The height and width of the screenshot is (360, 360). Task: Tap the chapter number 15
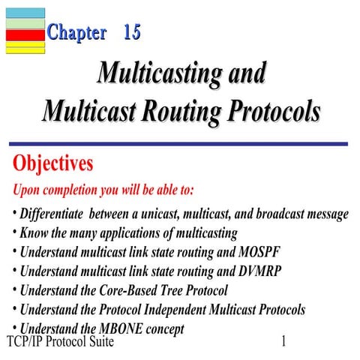(132, 32)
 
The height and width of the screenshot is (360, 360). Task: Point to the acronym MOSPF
(262, 251)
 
